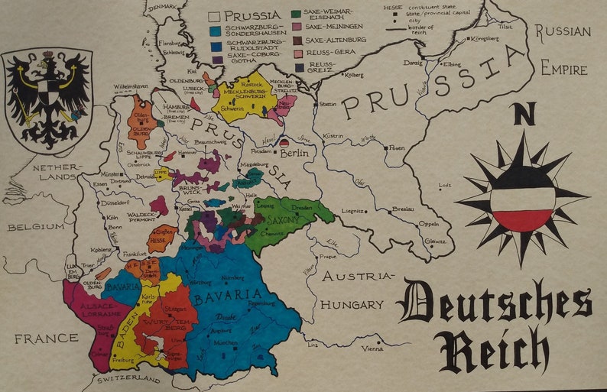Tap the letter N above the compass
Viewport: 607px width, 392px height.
pos(524,115)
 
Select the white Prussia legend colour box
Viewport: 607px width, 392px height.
pos(215,15)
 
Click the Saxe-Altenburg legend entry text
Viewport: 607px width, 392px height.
pos(336,39)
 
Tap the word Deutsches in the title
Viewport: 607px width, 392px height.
pos(496,303)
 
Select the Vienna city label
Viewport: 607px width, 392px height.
pos(373,348)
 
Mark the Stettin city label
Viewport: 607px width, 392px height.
pos(327,103)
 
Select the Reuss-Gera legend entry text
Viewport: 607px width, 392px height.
pos(326,53)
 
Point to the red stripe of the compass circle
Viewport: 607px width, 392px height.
pos(524,219)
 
